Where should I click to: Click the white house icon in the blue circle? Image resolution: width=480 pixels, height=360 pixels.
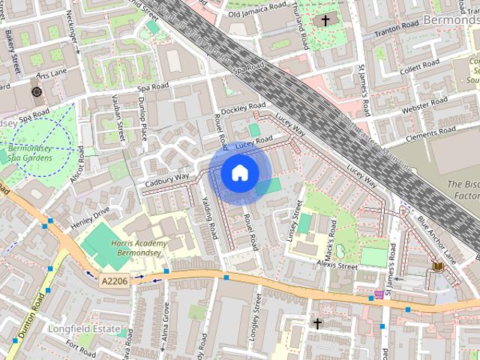239,172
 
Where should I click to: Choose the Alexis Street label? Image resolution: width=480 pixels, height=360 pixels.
337,265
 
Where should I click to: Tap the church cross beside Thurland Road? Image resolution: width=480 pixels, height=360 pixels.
325,21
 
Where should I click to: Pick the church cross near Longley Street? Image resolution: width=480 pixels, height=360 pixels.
317,323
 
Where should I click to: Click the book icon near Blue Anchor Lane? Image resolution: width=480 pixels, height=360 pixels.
438,266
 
